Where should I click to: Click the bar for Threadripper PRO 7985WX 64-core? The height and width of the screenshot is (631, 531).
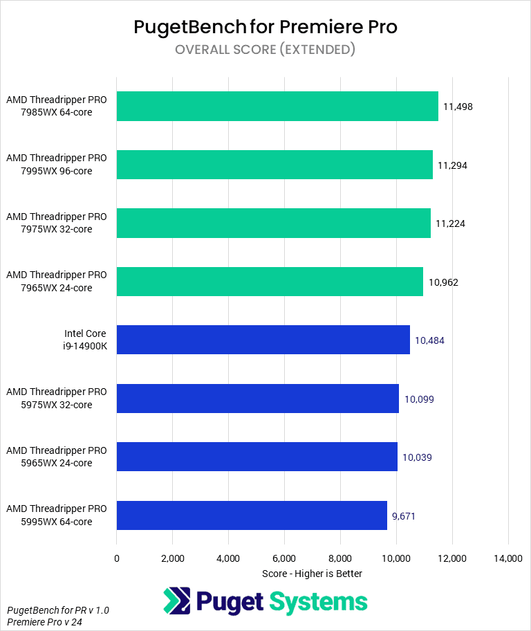point(277,106)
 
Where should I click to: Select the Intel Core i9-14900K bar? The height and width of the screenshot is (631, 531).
point(263,340)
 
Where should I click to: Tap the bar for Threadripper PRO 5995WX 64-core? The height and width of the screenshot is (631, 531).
point(252,515)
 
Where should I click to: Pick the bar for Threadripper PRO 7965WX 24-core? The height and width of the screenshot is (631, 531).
point(270,282)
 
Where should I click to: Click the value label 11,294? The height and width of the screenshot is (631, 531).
point(454,165)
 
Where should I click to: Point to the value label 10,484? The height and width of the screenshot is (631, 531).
point(429,340)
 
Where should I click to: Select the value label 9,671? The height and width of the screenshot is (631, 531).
point(404,515)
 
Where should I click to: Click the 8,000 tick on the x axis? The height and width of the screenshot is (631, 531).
point(340,558)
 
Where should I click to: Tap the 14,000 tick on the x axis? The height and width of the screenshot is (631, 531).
point(508,558)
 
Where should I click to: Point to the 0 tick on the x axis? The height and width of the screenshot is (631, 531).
point(117,558)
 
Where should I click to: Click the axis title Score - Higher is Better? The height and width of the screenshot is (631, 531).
point(313,574)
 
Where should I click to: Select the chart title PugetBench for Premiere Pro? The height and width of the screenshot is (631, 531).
point(265,27)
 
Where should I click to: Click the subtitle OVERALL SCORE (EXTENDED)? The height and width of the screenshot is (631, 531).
point(265,50)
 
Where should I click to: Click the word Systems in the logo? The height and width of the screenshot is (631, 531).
point(318,602)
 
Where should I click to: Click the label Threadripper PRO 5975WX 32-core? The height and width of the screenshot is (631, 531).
point(57,399)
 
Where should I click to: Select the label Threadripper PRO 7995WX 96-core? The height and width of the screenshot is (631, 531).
point(57,165)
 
